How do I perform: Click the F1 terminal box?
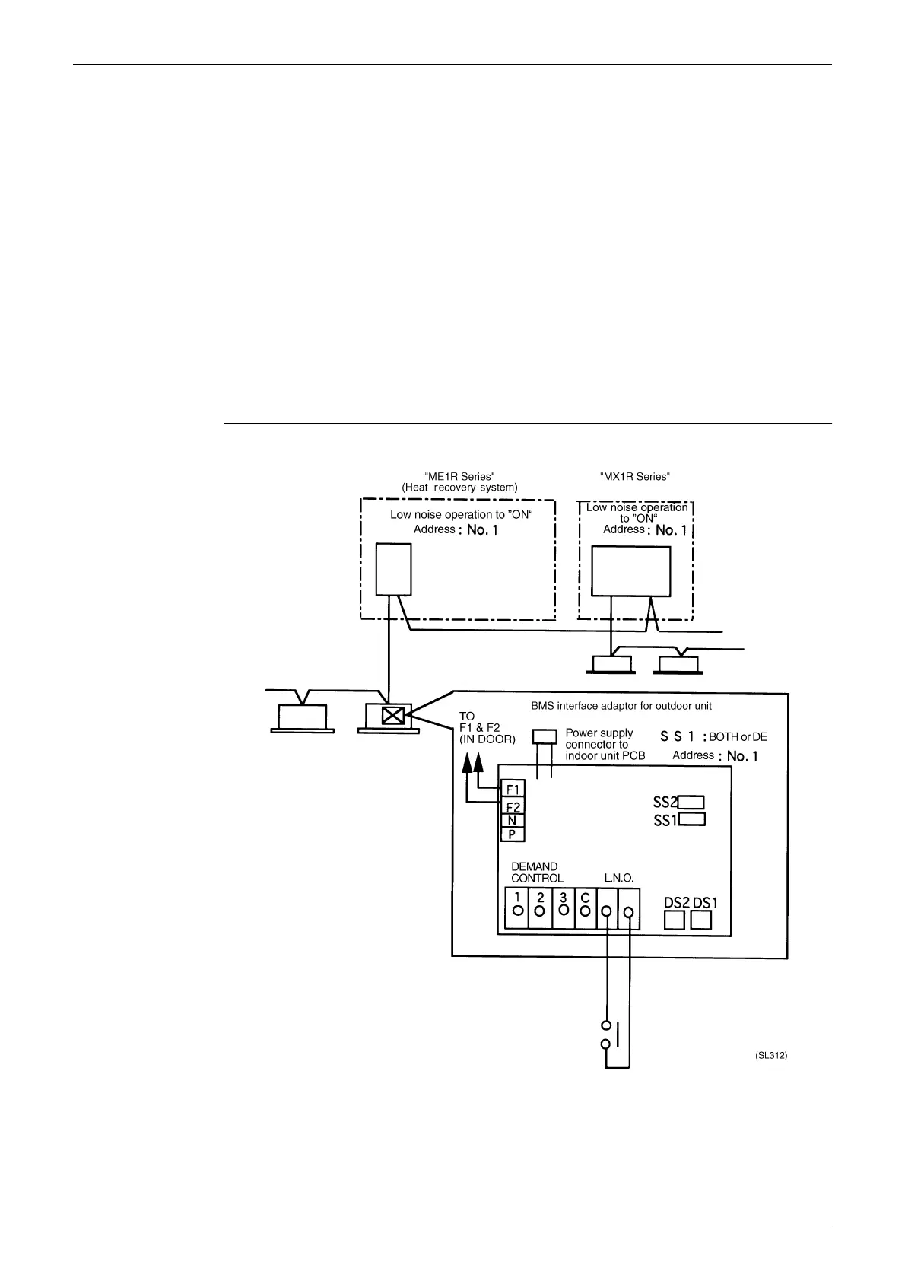coord(513,789)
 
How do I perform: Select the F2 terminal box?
coord(513,806)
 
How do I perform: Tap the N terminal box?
coord(513,821)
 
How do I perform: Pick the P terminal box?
coord(513,834)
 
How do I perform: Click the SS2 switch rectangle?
coord(691,802)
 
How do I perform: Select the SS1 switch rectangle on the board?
coord(691,819)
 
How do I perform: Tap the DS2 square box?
coord(675,920)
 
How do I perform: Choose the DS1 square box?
coord(700,920)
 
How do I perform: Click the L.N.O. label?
coord(619,878)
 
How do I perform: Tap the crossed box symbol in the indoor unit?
coord(392,716)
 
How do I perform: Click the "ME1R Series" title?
coord(459,476)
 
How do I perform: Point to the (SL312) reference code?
coord(770,1056)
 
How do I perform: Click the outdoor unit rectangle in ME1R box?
coord(393,569)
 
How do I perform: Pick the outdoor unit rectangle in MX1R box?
coord(630,571)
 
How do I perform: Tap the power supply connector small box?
coord(545,737)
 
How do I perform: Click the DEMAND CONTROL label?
coord(537,873)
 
